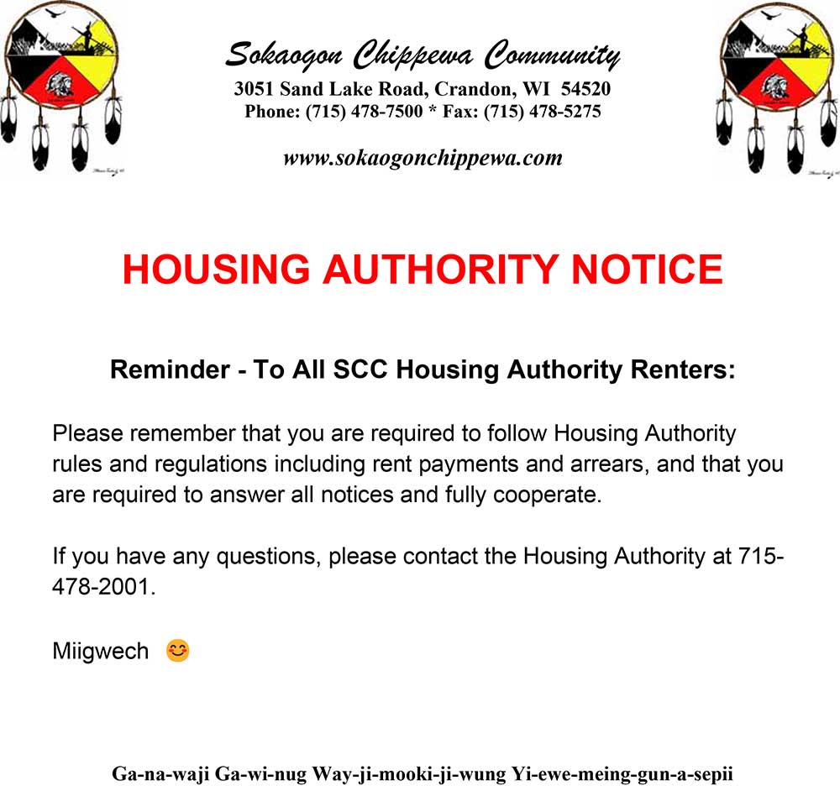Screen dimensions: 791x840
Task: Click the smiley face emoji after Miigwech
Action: point(177,650)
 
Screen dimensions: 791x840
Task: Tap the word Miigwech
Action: point(100,651)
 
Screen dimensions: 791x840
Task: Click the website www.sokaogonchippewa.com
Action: point(423,158)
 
